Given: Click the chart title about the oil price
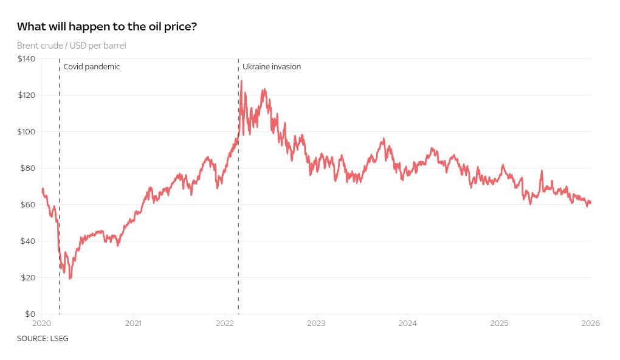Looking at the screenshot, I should click(x=107, y=27).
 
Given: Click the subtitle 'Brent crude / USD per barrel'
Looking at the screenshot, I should click(x=71, y=46).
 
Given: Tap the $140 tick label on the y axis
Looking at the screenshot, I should click(x=26, y=58).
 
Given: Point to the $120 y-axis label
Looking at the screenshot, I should click(x=26, y=95).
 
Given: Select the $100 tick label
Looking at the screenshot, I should click(x=26, y=131).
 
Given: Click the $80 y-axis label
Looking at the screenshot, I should click(x=28, y=168).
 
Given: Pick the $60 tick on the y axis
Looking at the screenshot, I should click(x=28, y=204).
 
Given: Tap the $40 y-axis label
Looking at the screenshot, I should click(x=28, y=241).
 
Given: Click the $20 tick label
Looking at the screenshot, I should click(x=28, y=277).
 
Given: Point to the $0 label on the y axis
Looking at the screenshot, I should click(x=30, y=314).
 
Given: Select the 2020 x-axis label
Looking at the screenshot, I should click(x=41, y=323).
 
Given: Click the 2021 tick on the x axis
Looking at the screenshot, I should click(x=133, y=323).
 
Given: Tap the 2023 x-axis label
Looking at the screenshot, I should click(x=316, y=323).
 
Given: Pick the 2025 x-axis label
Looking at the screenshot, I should click(x=499, y=323).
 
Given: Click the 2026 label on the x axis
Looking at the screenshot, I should click(x=591, y=323).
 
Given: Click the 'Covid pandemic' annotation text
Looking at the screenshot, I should click(x=92, y=67).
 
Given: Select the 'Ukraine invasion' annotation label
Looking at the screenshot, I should click(x=272, y=67).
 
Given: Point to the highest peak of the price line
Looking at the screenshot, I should click(x=242, y=81).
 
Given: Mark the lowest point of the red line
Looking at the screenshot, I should click(x=70, y=279).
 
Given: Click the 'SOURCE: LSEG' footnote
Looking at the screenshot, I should click(x=43, y=338).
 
